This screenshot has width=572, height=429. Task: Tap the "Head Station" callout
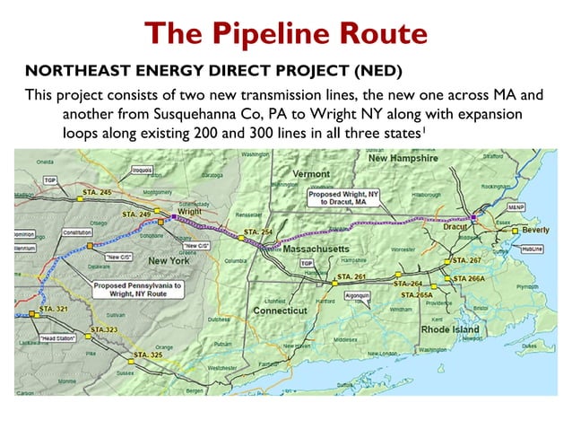[56, 338]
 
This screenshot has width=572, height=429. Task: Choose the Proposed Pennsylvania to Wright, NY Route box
[139, 289]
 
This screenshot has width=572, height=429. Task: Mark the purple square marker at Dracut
[476, 218]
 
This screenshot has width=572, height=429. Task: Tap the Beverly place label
[535, 230]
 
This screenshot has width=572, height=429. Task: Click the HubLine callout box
[533, 248]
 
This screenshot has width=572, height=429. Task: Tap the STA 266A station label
[469, 279]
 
